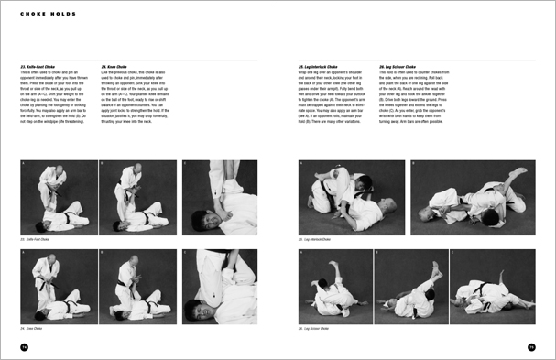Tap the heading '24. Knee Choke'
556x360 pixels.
click(115, 66)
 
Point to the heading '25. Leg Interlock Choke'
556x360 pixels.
click(319, 66)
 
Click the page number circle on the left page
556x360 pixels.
click(25, 346)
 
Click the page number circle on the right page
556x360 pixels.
click(530, 346)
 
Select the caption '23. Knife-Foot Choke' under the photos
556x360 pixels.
click(37, 239)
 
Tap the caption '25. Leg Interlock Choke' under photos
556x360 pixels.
click(317, 239)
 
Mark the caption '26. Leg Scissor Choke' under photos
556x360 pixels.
click(316, 328)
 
